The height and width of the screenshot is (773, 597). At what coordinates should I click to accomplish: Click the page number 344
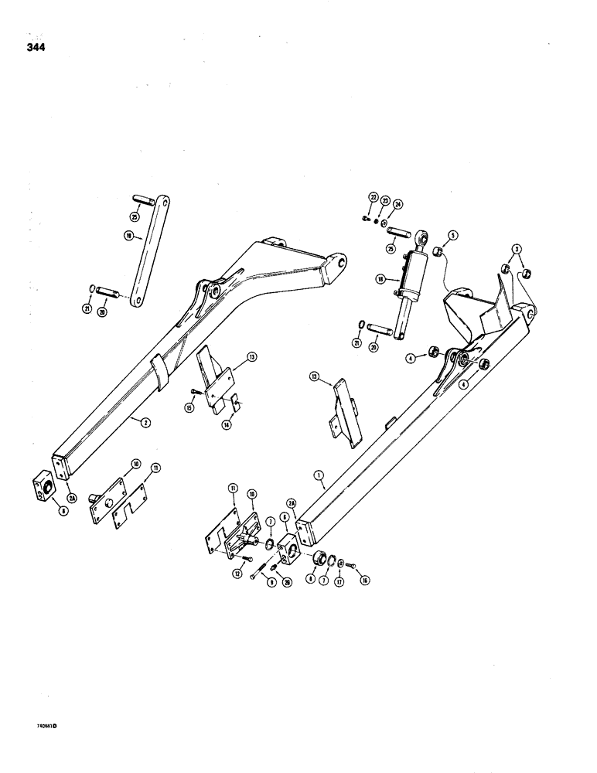tap(34, 47)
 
